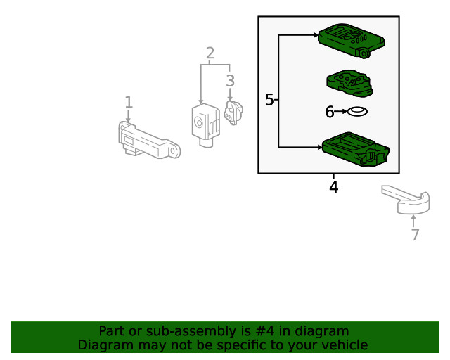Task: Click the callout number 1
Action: [x=129, y=102]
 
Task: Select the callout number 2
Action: [x=210, y=53]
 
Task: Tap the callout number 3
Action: [x=230, y=81]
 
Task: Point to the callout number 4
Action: [x=333, y=187]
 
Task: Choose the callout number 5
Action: [x=269, y=100]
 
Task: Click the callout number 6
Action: [x=330, y=112]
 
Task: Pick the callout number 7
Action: [x=415, y=235]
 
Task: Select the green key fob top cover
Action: [x=352, y=40]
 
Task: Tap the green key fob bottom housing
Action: [x=356, y=149]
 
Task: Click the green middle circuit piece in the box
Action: [x=350, y=83]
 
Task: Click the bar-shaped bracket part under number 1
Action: [x=149, y=141]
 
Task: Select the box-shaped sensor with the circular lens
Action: [x=205, y=125]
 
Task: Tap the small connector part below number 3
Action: [x=233, y=112]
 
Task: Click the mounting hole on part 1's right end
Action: [x=172, y=150]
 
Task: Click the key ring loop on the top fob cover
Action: [x=364, y=53]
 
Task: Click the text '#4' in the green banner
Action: [x=264, y=331]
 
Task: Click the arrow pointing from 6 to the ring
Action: [x=340, y=111]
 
